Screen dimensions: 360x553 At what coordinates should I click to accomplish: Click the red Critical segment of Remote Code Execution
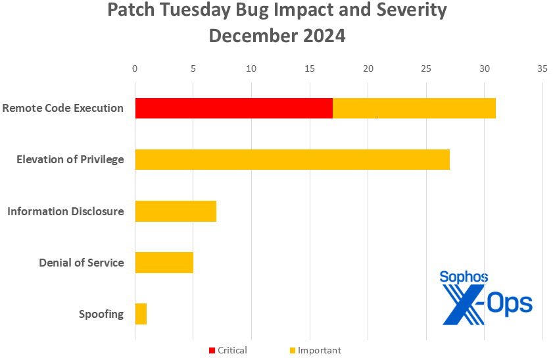[233, 108]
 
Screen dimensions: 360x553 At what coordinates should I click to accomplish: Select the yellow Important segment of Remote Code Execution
[414, 108]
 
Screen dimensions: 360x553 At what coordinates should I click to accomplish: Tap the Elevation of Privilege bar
[292, 159]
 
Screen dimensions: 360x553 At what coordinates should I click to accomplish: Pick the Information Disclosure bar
[176, 211]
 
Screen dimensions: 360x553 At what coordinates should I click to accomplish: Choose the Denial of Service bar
[164, 263]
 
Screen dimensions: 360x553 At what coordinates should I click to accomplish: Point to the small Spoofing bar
[141, 314]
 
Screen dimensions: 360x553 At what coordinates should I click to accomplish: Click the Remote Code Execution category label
[63, 108]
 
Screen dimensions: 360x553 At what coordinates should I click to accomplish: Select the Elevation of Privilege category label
[70, 159]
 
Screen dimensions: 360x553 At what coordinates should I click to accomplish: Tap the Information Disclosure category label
[66, 211]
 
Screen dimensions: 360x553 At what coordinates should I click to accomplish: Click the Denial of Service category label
[82, 263]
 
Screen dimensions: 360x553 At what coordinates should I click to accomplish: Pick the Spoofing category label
[102, 314]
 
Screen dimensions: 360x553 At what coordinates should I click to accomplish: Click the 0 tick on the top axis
[135, 68]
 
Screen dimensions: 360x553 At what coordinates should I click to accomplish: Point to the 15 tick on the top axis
[309, 68]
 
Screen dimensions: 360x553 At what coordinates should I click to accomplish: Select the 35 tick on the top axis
[542, 68]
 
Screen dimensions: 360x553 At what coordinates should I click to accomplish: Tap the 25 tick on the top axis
[425, 68]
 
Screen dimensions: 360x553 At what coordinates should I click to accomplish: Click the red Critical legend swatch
[212, 350]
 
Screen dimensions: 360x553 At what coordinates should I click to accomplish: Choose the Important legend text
[320, 350]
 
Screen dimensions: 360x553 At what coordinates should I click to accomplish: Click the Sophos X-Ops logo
[485, 297]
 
